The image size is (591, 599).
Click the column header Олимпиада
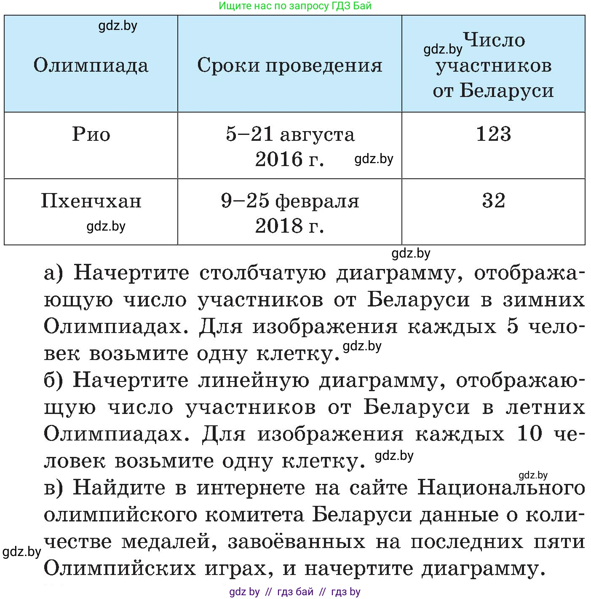click(x=91, y=65)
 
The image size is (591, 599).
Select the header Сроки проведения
click(x=290, y=65)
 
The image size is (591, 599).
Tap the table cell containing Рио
click(x=91, y=134)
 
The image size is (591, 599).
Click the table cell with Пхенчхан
click(x=91, y=201)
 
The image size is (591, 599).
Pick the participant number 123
click(x=493, y=134)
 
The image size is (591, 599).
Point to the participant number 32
click(x=493, y=201)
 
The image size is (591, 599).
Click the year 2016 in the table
click(x=279, y=159)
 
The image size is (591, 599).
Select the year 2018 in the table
click(x=279, y=226)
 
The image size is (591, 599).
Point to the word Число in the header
click(x=494, y=40)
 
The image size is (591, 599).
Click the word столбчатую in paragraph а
click(x=262, y=273)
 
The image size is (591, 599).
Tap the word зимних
click(x=544, y=300)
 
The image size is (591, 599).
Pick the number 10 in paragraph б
click(x=529, y=434)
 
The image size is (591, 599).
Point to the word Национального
click(x=501, y=488)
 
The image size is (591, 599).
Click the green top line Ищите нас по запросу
click(x=295, y=6)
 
